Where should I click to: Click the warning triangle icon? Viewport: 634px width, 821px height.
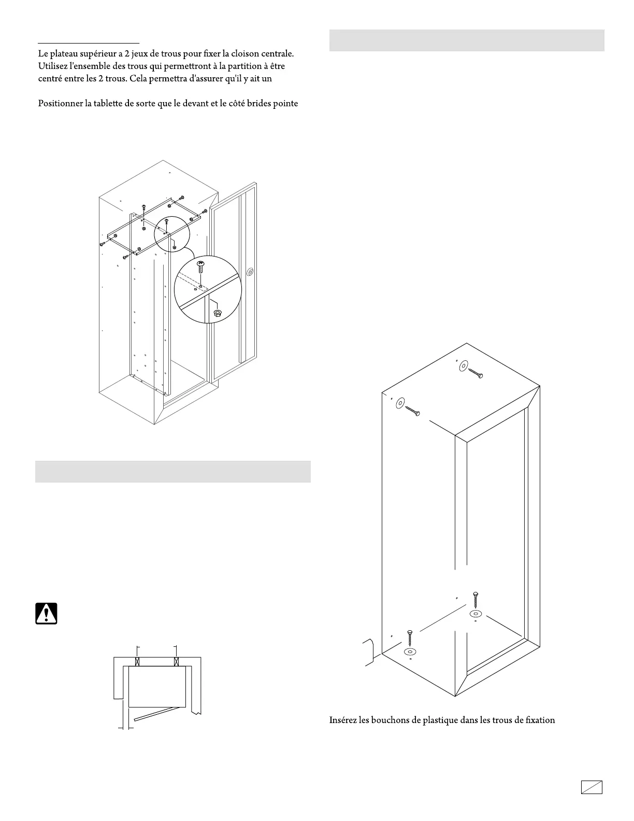point(47,613)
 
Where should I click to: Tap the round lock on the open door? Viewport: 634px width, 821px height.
point(251,272)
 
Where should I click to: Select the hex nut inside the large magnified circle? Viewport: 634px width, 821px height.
point(218,313)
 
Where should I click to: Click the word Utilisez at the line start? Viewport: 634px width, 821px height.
point(53,66)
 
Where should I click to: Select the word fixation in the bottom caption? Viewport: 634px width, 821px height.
point(539,720)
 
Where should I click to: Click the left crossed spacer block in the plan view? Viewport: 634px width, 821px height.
point(137,662)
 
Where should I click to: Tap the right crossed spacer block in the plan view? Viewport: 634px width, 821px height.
point(177,662)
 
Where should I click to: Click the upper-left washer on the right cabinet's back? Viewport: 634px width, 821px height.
point(400,403)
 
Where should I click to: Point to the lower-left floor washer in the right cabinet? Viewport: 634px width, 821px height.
point(410,651)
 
